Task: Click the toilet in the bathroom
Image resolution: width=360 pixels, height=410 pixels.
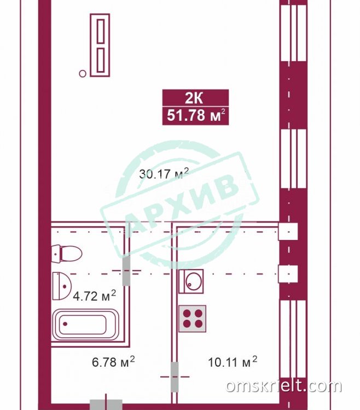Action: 67,254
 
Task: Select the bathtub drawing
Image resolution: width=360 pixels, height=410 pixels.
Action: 85,325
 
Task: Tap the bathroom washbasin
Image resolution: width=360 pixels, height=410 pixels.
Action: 62,286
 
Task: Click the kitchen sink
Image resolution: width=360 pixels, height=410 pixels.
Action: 191,282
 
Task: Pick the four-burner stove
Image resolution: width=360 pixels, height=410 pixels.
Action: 192,319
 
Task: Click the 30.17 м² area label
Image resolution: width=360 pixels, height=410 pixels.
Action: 164,173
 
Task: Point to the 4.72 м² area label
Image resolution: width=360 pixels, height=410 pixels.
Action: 94,296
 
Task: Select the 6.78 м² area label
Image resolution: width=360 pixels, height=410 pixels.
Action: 113,362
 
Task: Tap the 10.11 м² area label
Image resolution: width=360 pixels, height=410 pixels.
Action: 233,362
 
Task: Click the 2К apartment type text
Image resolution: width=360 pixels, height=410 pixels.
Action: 194,98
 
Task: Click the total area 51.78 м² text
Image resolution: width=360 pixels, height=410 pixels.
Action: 196,115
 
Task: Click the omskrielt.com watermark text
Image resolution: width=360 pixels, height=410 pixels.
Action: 283,386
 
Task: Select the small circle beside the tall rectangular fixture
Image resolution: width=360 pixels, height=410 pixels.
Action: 83,74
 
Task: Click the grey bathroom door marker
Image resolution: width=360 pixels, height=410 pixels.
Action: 126,271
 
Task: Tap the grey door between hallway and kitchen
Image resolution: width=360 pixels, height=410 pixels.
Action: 175,377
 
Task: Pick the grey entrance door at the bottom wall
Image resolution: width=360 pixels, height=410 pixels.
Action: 106,405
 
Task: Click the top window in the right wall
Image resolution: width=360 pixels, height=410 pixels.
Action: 293,32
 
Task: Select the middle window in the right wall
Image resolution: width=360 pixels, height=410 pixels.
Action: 293,159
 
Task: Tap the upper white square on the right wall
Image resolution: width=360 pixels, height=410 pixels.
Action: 288,231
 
